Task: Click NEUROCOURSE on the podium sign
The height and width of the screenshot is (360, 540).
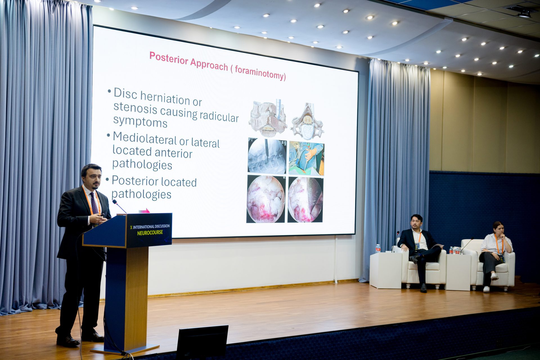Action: tap(150, 233)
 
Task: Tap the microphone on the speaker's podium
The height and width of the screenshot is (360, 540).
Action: tap(119, 206)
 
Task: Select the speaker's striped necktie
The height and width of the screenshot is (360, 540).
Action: tap(94, 203)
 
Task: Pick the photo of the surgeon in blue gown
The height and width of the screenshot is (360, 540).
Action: tap(307, 158)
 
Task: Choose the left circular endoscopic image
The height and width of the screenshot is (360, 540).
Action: tap(266, 199)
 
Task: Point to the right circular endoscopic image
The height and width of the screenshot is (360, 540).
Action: tap(305, 200)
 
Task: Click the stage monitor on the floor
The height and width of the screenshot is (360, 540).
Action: tap(202, 343)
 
